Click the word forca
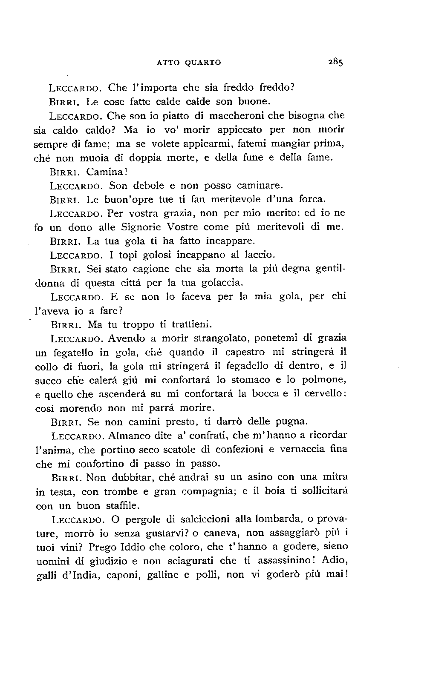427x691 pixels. click(x=312, y=199)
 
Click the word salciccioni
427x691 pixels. click(x=216, y=519)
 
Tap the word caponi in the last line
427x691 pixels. click(x=121, y=575)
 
